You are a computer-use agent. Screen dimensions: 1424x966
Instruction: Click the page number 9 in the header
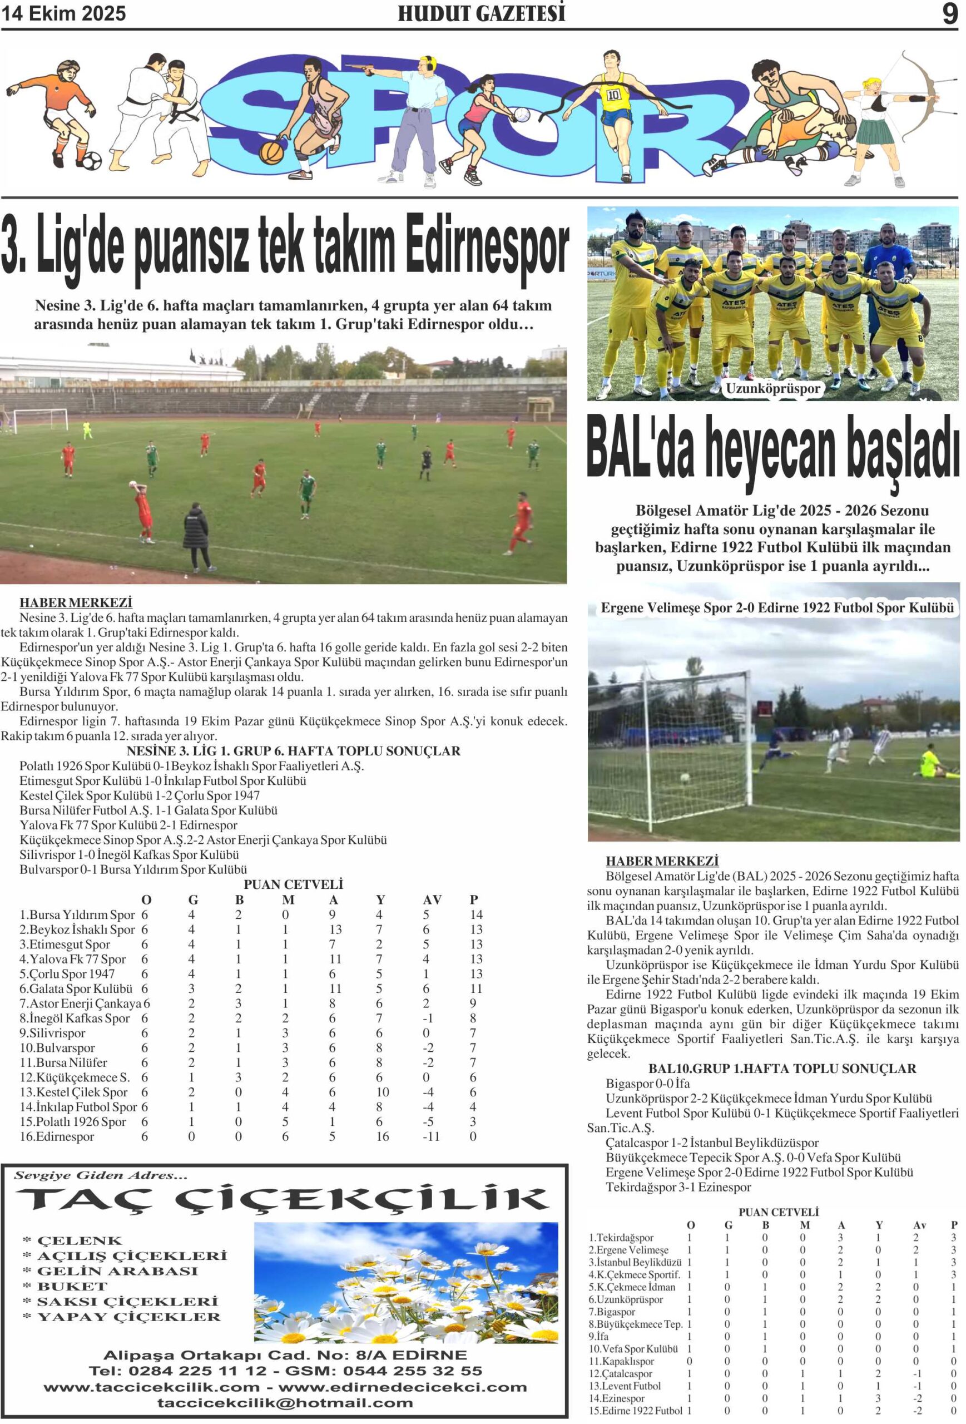[949, 13]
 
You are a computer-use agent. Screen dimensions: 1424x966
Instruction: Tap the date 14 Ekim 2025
[64, 13]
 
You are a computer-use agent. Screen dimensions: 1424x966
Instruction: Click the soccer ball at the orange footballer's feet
[91, 161]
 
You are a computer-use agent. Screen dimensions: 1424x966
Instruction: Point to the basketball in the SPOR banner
[271, 152]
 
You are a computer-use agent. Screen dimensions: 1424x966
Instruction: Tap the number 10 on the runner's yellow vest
[613, 95]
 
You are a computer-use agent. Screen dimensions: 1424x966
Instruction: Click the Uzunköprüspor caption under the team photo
[772, 388]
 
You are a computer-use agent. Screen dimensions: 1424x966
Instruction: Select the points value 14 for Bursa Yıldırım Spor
[476, 915]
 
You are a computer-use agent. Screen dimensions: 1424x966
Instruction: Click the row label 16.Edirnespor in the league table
[57, 1136]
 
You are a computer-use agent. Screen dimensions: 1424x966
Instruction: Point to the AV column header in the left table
[432, 900]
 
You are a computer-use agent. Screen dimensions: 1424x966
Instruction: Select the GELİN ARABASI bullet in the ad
[117, 1271]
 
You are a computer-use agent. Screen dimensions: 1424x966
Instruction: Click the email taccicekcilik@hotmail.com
[285, 1402]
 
